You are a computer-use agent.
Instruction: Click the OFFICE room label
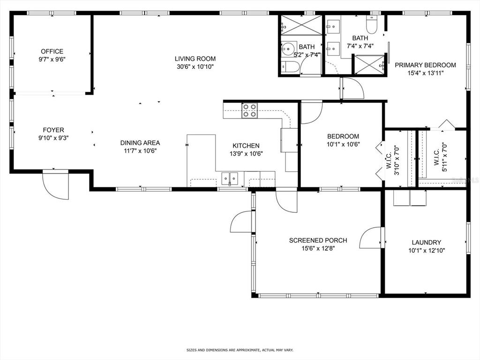click(52, 52)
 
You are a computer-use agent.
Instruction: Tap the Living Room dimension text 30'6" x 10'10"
click(195, 67)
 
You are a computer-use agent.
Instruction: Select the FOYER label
click(53, 130)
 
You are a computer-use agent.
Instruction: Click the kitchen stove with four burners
click(249, 111)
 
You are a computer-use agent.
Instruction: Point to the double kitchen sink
click(230, 178)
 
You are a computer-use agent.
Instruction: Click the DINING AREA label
click(140, 142)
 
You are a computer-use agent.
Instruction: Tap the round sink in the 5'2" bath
click(288, 49)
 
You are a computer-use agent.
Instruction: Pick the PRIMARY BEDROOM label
click(425, 65)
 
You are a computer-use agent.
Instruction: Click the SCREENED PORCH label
click(318, 240)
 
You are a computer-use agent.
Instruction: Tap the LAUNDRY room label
click(427, 242)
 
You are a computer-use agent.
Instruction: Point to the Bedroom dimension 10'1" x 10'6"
click(343, 144)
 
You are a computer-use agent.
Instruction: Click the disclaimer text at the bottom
click(240, 350)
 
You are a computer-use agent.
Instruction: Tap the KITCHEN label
click(246, 146)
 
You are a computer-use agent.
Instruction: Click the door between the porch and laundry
click(372, 238)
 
